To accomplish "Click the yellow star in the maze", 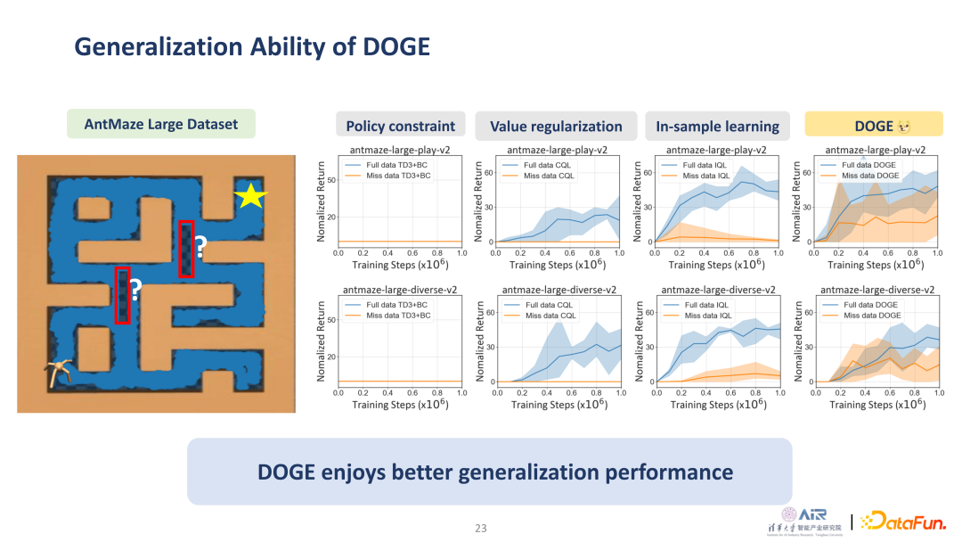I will (x=250, y=197).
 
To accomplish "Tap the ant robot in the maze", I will (x=61, y=373).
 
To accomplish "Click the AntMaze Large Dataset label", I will (x=161, y=124).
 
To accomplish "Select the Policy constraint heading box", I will (x=400, y=127).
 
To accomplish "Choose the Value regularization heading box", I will (x=556, y=127).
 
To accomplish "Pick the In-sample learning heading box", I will (x=717, y=127).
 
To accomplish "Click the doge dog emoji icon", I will (x=904, y=127).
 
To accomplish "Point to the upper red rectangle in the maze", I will (x=186, y=248).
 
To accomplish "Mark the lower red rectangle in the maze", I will (x=123, y=294).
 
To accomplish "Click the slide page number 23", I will (x=481, y=529).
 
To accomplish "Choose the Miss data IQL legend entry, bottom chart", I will (x=708, y=316).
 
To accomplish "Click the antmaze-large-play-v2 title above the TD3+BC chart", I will (x=401, y=150).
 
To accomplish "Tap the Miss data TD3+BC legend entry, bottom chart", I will (x=397, y=316).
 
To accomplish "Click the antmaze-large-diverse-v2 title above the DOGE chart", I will (x=876, y=290).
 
